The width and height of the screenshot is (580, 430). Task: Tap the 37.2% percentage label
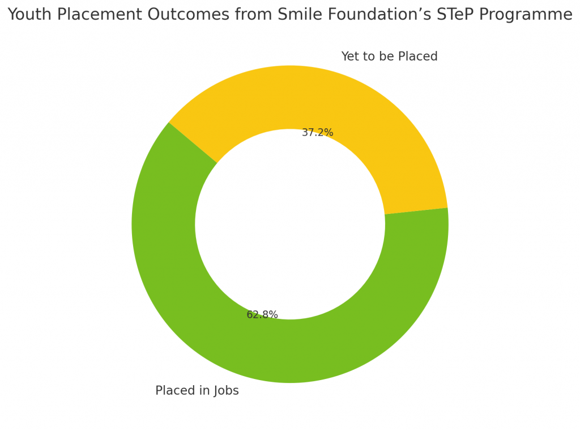pos(317,133)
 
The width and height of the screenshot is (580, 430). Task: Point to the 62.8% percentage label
pos(262,315)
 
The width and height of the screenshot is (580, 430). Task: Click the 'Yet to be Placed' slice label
pos(389,57)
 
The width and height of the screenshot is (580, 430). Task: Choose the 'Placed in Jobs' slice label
pos(197,391)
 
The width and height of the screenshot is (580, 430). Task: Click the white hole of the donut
pos(290,224)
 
